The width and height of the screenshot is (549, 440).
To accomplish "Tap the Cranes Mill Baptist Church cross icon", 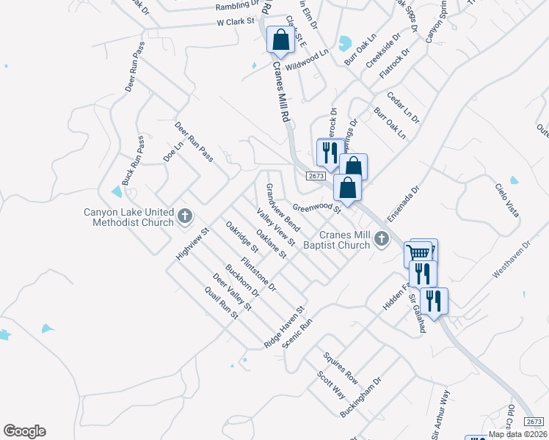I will pos(381,238).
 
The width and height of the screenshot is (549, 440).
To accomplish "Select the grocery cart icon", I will pos(418,254).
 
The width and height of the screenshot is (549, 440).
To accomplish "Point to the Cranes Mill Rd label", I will pos(282,92).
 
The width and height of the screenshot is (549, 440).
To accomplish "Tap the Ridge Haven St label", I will pos(285,327).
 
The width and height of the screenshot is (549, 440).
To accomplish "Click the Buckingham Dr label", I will pos(362,398).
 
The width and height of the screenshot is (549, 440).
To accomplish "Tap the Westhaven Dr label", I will pos(511,259).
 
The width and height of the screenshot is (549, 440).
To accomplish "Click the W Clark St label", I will pos(235,23).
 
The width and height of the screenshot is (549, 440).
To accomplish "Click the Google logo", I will pos(24,431).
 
